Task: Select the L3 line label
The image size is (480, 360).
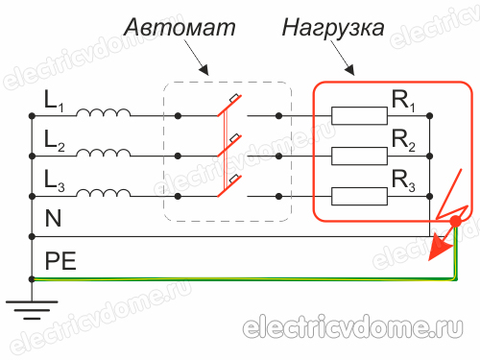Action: point(53,179)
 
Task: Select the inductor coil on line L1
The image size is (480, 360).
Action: point(104,113)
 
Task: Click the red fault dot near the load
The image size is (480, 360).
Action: point(455,224)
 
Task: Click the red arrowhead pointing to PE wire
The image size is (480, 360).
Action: point(439,251)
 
